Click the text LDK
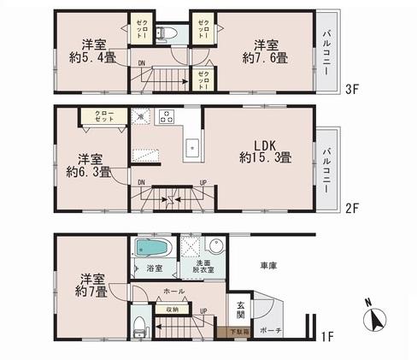coord(263,144)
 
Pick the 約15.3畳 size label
coord(264,157)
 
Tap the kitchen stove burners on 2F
coord(165,116)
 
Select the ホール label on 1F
coord(173,291)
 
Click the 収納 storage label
coord(173,309)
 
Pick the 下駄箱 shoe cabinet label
coord(239,331)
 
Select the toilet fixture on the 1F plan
coord(139,326)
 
